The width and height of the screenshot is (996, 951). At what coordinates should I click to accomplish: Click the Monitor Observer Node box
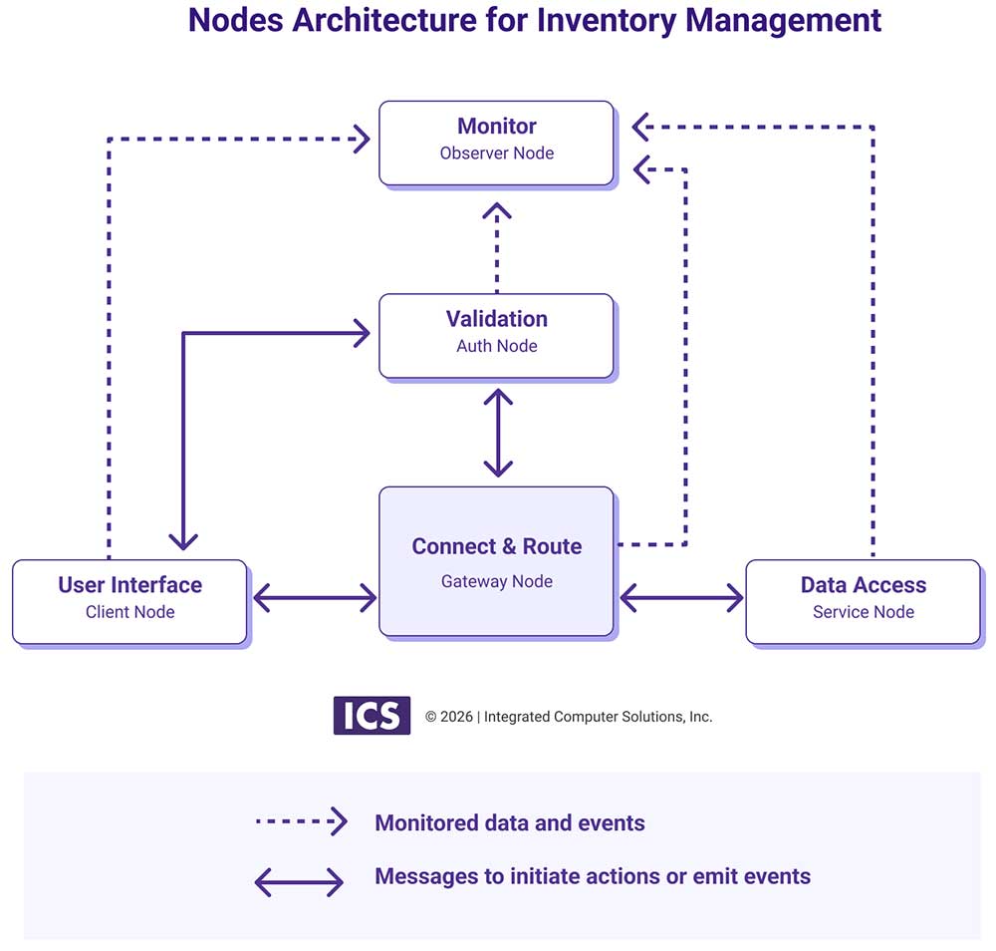click(x=496, y=143)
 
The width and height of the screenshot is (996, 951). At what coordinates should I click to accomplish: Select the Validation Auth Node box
click(x=496, y=336)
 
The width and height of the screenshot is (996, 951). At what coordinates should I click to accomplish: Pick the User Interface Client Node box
click(x=129, y=601)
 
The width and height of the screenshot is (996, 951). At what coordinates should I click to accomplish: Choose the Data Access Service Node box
click(x=863, y=601)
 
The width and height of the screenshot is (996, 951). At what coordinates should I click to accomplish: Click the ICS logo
click(x=372, y=716)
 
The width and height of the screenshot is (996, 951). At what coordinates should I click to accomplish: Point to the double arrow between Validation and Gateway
click(x=497, y=433)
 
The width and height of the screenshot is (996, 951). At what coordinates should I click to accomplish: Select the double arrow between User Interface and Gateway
click(x=314, y=598)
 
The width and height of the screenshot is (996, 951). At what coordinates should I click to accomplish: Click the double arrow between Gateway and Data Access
click(x=681, y=598)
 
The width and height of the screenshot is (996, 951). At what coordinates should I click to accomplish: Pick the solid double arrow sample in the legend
click(x=299, y=881)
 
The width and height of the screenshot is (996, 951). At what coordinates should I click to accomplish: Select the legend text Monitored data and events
click(x=509, y=823)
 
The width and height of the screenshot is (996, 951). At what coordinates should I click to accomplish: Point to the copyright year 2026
click(x=457, y=717)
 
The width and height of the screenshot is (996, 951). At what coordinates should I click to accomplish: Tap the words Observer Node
click(x=496, y=154)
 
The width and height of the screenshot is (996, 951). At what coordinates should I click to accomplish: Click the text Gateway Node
click(x=496, y=581)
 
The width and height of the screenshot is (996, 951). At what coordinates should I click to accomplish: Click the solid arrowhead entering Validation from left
click(x=362, y=333)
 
